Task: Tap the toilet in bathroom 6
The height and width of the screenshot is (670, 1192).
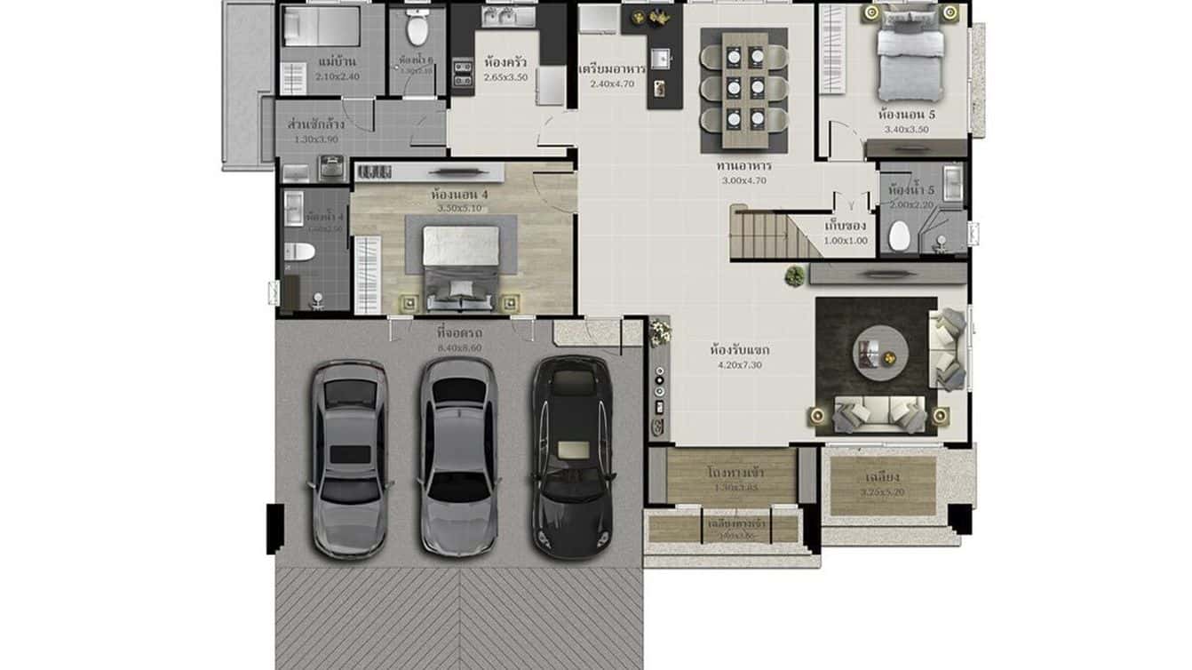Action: click(x=416, y=29)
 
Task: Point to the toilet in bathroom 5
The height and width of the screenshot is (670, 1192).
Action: click(x=900, y=236)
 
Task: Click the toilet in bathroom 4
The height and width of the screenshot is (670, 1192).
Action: click(x=299, y=252)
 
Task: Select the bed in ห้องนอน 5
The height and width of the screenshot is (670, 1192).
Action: click(x=910, y=55)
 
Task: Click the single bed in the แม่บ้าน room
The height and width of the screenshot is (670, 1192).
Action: click(x=321, y=27)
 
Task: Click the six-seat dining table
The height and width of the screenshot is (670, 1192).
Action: click(x=744, y=89)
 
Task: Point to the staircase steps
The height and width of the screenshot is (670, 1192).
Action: click(x=761, y=234)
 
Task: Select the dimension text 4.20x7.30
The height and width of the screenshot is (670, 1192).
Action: click(x=738, y=364)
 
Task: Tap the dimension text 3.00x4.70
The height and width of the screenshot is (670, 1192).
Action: click(x=743, y=180)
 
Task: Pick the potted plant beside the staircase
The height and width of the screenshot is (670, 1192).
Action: click(x=794, y=275)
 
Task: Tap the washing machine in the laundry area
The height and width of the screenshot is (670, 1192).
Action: click(x=331, y=167)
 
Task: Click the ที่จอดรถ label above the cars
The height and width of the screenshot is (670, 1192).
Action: click(x=459, y=333)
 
